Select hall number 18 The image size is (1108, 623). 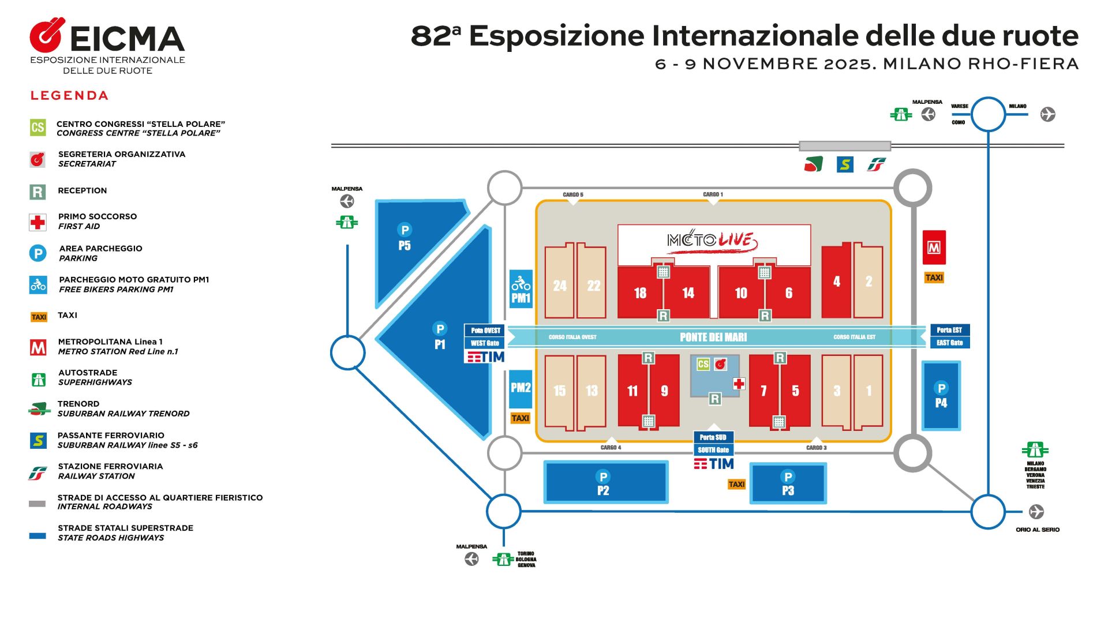[640, 293]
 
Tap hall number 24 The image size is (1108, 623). [559, 286]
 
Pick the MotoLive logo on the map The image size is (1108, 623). [713, 240]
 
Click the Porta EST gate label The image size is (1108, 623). [949, 331]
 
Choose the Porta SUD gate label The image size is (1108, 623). [713, 437]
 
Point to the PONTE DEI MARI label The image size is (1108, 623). [713, 337]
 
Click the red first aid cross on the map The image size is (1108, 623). [739, 384]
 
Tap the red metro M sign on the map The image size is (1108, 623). [934, 247]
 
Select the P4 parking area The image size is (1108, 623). [941, 396]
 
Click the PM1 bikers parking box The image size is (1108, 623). [521, 289]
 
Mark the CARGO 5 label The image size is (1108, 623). [573, 195]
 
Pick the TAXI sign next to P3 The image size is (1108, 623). [736, 485]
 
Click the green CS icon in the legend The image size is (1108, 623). [38, 127]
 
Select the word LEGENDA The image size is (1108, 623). [69, 96]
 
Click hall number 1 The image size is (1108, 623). [869, 392]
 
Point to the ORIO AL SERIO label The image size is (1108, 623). [1037, 530]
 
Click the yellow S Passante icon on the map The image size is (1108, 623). [845, 165]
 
